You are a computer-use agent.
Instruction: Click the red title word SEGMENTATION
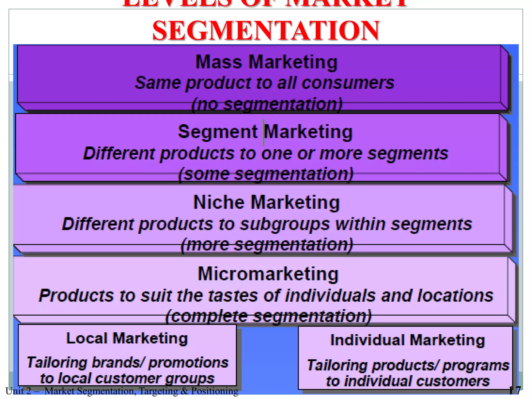point(266,31)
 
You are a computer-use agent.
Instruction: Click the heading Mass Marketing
point(266,62)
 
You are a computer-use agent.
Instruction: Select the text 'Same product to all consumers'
point(264,83)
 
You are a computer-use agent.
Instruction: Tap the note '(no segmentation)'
point(267,104)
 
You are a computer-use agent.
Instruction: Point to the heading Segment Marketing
point(265,132)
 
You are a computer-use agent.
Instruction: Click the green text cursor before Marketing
point(264,132)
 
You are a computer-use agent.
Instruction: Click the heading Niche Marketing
point(267,202)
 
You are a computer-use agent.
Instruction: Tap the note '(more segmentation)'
point(267,245)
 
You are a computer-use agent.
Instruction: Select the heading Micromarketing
point(268,274)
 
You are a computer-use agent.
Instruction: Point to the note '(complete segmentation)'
point(268,316)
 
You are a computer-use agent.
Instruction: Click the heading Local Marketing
point(127,338)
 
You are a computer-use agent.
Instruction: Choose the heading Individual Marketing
point(407,340)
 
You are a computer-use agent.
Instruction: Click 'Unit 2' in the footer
point(18,391)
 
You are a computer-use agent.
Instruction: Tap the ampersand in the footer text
point(184,391)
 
